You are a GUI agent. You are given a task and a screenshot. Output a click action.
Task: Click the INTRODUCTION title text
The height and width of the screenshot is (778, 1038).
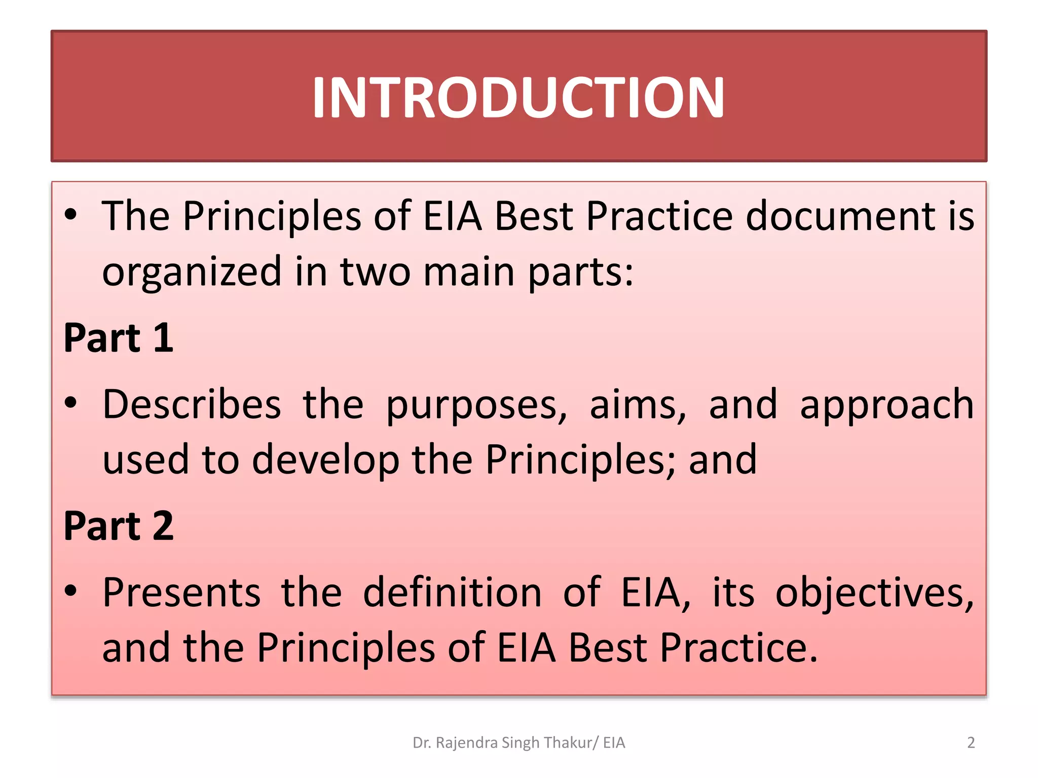click(518, 97)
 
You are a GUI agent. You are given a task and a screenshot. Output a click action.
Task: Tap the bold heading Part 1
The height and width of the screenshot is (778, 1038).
click(119, 338)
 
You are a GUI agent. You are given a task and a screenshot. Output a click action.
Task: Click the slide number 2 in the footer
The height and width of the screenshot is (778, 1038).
click(971, 743)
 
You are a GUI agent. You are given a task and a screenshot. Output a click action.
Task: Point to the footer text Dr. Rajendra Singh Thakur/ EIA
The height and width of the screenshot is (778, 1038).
click(518, 743)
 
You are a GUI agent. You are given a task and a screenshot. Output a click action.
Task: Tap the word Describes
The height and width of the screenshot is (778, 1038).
click(192, 405)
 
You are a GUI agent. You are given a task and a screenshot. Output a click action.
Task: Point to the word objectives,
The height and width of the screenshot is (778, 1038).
click(874, 594)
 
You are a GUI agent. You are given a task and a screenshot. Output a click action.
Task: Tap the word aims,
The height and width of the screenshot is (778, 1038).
click(638, 406)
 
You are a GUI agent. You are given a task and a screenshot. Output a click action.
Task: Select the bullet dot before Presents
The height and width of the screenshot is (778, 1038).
click(71, 591)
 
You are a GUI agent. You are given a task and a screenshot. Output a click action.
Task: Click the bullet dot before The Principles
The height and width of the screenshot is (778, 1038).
click(71, 215)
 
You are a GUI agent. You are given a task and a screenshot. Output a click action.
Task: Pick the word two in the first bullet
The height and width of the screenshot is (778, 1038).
click(375, 273)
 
